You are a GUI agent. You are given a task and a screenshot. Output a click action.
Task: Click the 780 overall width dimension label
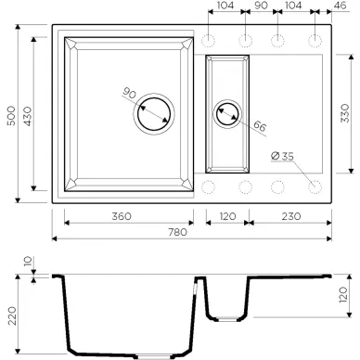177,232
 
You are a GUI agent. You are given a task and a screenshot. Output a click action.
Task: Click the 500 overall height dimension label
11,116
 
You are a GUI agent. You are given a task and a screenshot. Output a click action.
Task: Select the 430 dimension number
28,116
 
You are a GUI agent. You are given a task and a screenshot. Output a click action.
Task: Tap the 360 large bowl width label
122,216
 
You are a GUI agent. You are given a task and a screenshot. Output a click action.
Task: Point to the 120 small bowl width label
227,216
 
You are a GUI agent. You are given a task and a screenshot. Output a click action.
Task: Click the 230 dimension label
291,216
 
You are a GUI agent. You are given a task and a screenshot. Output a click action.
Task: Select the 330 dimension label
344,113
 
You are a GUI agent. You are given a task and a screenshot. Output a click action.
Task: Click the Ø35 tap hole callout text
282,156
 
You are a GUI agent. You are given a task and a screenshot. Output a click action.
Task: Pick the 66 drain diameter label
260,126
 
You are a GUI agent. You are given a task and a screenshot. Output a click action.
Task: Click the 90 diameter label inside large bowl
129,93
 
